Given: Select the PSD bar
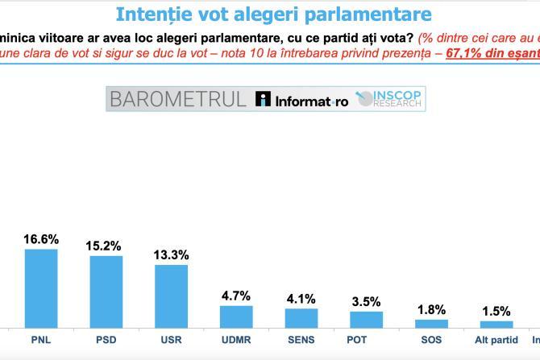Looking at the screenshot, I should (x=106, y=291).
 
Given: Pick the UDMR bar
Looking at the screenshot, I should (x=236, y=316).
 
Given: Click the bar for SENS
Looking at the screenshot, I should (x=301, y=317).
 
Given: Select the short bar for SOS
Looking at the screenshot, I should (x=431, y=323).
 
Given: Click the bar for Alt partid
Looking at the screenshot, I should (x=496, y=324).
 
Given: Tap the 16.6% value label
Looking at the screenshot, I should (x=41, y=239).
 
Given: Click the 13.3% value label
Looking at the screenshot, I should (x=171, y=255).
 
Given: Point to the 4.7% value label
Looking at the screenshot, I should (x=236, y=296).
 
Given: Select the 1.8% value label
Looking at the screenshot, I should (x=431, y=310).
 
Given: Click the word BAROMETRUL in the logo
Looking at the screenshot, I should (x=178, y=99).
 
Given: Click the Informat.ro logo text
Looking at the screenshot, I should (x=302, y=100).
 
